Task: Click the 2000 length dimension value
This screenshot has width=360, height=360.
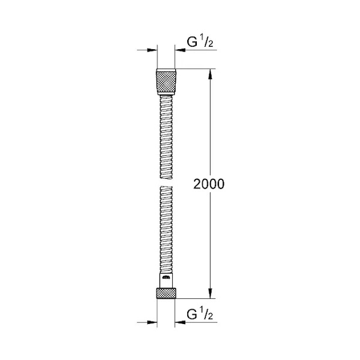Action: click(x=208, y=184)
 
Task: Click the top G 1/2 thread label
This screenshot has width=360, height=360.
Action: click(x=200, y=42)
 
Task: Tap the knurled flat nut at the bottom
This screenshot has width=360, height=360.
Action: click(x=166, y=293)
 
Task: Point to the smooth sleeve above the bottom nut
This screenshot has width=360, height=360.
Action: click(x=166, y=281)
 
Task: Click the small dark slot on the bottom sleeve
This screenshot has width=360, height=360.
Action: click(x=166, y=278)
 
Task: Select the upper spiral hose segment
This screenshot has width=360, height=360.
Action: click(x=166, y=137)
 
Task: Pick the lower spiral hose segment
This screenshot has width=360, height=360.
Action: click(x=166, y=230)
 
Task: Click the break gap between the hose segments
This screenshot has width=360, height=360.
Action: click(x=166, y=182)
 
